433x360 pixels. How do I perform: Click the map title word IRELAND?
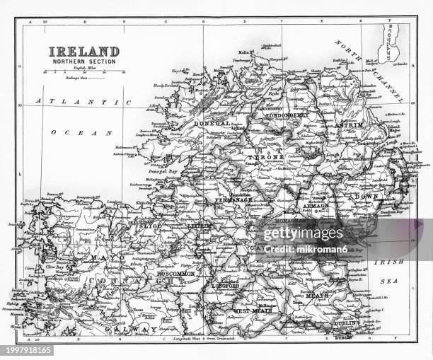pos(83,52)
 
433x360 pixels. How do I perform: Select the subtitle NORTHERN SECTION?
pos(83,62)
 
